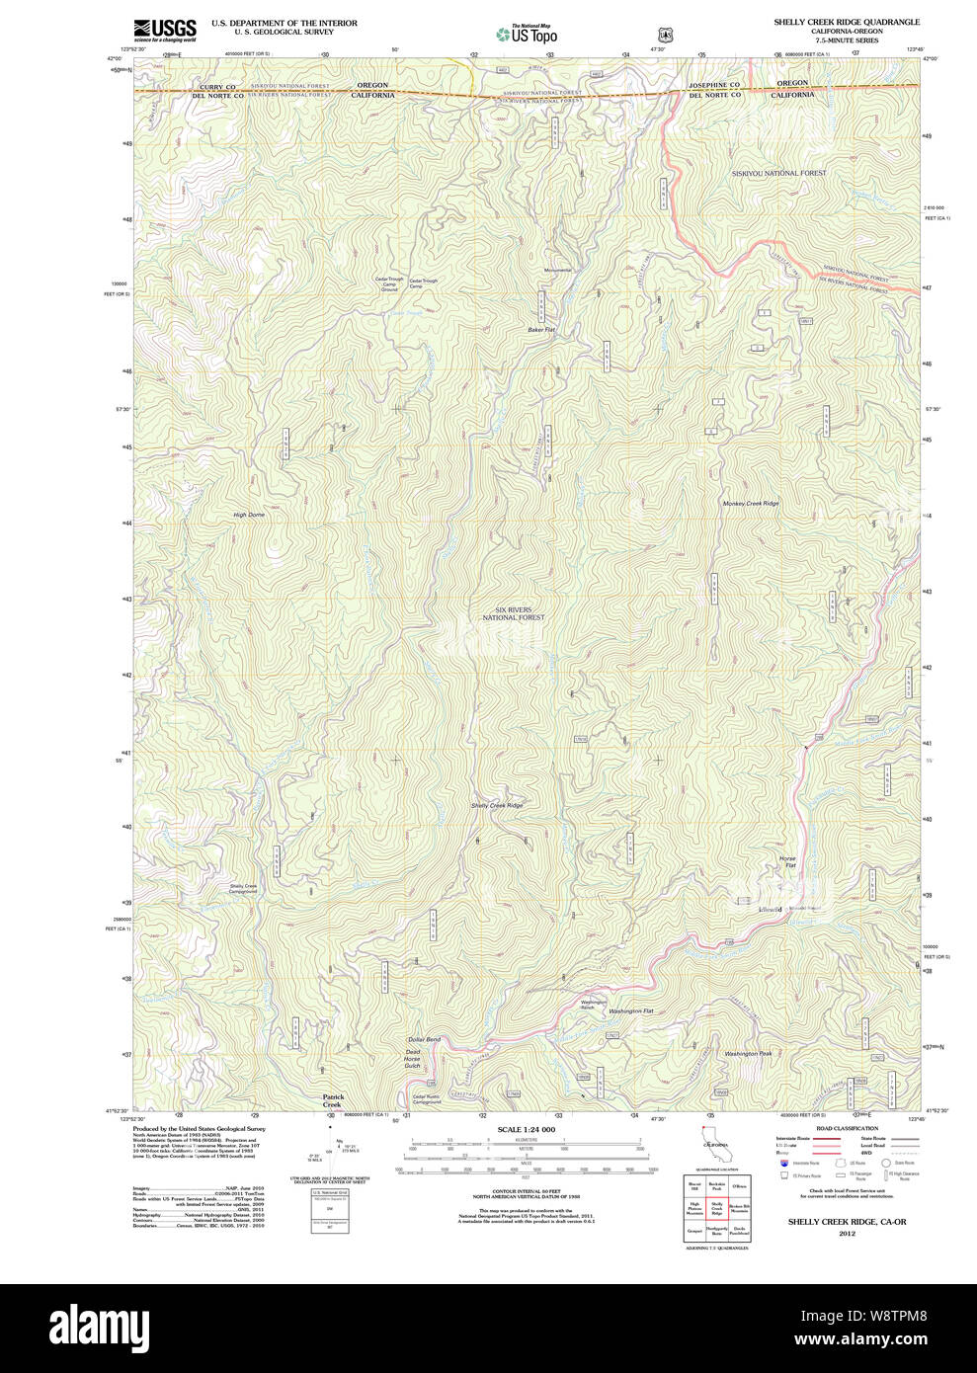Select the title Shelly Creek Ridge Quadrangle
coord(846,22)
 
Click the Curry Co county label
coord(217,87)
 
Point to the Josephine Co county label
coord(714,86)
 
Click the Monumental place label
coord(557,271)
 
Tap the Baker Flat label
coord(541,330)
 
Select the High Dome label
coord(249,515)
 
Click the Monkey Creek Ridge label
coord(751,504)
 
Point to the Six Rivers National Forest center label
coord(514,613)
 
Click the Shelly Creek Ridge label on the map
coord(497,806)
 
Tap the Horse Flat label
coord(787,862)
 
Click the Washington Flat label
coord(631,1011)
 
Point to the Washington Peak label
coord(748,1054)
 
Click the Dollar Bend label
coord(424,1040)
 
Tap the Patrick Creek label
coord(332,1100)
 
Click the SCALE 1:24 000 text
coord(526,1129)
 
